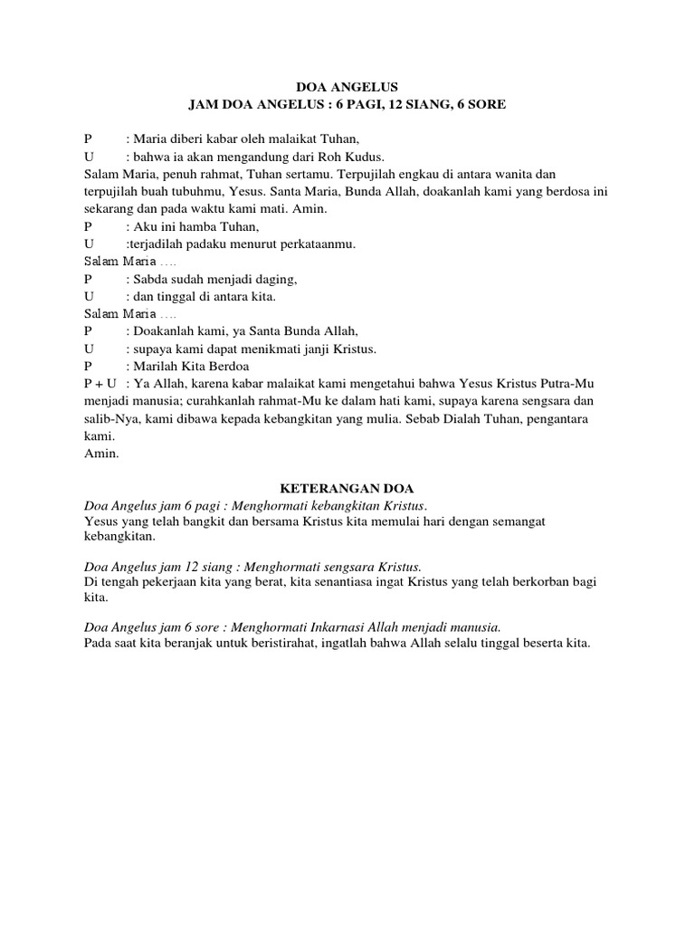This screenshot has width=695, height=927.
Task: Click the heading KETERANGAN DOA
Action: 347,489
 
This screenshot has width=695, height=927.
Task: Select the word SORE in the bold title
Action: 485,105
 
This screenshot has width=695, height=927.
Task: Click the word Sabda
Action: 151,279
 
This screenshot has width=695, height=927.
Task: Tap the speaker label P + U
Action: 100,383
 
